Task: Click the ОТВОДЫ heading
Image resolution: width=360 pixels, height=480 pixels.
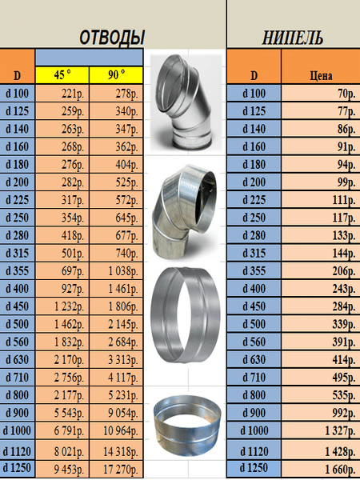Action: tap(112, 38)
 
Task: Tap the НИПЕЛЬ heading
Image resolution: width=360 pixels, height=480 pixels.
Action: tap(293, 38)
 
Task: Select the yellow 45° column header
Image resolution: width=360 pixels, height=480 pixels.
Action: tap(62, 75)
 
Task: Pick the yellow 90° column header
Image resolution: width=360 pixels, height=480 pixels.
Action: tap(116, 75)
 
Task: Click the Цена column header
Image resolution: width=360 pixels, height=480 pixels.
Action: tap(321, 75)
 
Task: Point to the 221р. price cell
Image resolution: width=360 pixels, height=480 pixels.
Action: tap(62, 94)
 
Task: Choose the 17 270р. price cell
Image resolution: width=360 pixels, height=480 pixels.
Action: tap(116, 469)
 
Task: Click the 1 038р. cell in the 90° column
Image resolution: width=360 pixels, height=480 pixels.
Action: tap(116, 271)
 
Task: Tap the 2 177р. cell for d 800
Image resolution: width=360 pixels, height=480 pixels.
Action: tap(62, 395)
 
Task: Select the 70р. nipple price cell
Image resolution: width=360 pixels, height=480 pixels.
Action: tap(321, 94)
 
